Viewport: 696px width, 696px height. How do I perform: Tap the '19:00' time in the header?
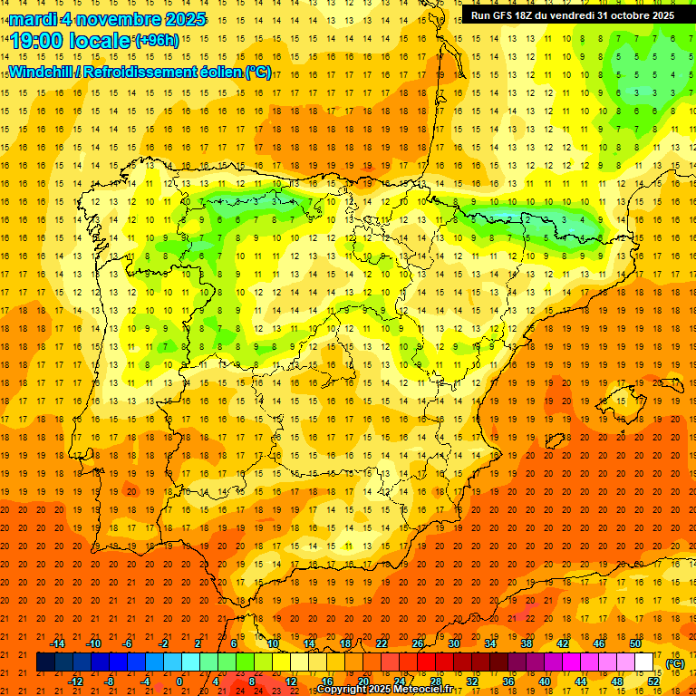click(x=35, y=41)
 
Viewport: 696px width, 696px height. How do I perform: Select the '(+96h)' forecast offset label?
click(x=157, y=41)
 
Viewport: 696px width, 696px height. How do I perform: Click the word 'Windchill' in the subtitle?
click(x=41, y=72)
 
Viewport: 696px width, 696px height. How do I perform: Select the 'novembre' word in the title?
click(x=114, y=19)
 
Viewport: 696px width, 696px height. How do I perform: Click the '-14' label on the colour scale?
click(x=58, y=643)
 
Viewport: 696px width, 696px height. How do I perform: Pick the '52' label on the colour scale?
click(x=653, y=681)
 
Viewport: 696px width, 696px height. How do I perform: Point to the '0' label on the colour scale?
click(x=179, y=681)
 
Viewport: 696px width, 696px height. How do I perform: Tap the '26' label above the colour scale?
click(x=418, y=643)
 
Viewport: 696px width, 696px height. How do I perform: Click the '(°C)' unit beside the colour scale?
click(x=675, y=663)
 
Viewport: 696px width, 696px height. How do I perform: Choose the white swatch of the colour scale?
click(x=644, y=662)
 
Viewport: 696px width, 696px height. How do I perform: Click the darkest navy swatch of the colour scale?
click(x=45, y=662)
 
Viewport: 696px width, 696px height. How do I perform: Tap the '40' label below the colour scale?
click(x=544, y=681)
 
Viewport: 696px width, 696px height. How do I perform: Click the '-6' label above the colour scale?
click(x=128, y=643)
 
